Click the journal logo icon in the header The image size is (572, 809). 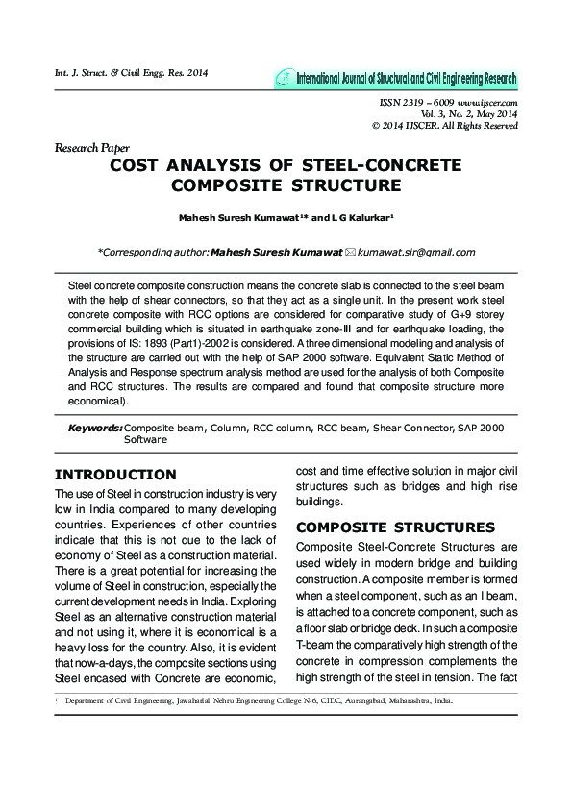[x=285, y=78]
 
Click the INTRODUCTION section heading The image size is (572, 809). [x=115, y=475]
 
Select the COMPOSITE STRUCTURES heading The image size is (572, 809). [x=382, y=527]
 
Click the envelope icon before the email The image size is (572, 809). [x=350, y=252]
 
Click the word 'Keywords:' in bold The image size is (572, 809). [x=95, y=428]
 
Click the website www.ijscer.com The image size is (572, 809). [x=488, y=102]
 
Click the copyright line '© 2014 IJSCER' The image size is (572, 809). [x=444, y=126]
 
